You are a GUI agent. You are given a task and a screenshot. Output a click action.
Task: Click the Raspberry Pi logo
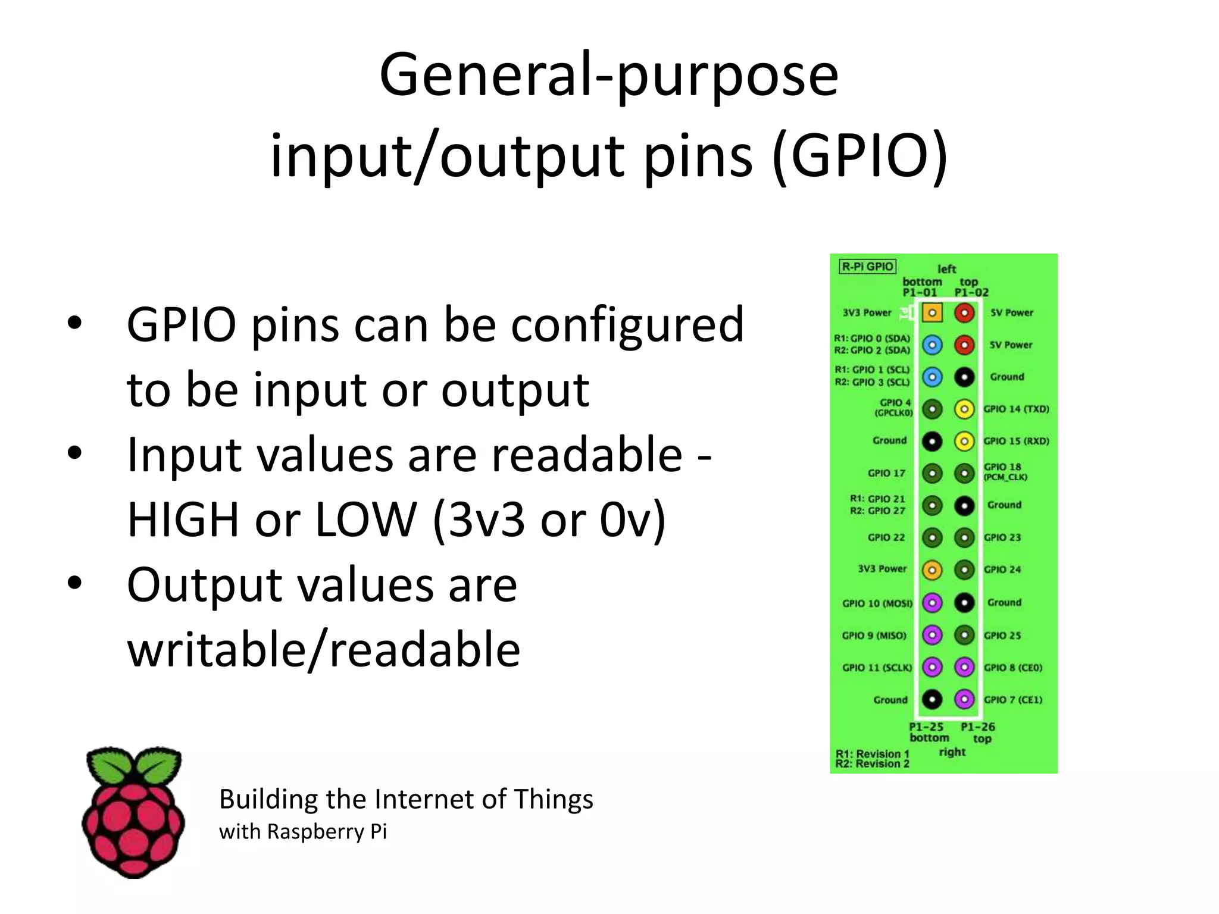[x=133, y=812]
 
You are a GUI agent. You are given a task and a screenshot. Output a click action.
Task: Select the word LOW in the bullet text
[x=365, y=519]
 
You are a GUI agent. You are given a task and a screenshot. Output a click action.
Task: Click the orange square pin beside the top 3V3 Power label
[x=932, y=313]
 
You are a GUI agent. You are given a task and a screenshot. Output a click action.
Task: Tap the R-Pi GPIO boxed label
[x=867, y=266]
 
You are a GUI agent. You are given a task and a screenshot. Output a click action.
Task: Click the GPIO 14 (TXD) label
[x=1016, y=409]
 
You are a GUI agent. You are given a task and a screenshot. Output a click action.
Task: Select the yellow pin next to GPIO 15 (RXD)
[x=964, y=441]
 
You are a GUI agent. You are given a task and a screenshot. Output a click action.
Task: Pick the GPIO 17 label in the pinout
[x=886, y=473]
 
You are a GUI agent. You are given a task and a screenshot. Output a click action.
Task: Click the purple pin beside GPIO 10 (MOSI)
[x=932, y=603]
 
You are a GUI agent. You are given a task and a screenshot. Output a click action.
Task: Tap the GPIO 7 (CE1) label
[x=1013, y=700]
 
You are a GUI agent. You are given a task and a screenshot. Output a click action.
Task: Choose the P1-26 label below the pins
[x=978, y=727]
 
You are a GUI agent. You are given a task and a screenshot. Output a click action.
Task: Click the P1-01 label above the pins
[x=920, y=292]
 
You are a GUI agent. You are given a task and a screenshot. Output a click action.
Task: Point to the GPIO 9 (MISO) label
[x=874, y=636]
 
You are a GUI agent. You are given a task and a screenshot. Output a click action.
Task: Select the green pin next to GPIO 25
[x=964, y=635]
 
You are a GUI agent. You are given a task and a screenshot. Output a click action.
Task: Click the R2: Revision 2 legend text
[x=872, y=764]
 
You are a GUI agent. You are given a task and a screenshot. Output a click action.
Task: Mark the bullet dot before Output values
[x=74, y=583]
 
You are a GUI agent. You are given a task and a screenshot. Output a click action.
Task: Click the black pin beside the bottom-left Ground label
[x=932, y=699]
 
